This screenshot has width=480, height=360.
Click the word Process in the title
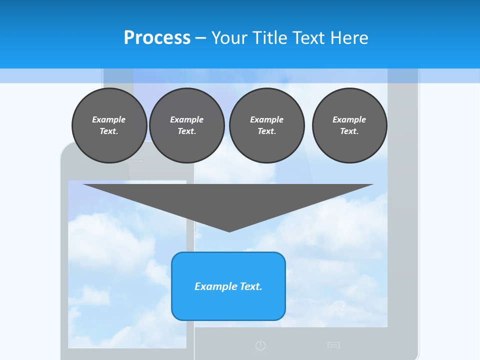coord(157,38)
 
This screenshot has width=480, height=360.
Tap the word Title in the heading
coord(270,38)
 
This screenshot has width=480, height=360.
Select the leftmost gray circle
coord(109,125)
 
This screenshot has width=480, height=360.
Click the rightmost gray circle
coord(349,125)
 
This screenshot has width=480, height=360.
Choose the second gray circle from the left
coord(186,125)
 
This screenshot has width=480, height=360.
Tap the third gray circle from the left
coord(266,125)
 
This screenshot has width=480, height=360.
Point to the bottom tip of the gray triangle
coord(229,230)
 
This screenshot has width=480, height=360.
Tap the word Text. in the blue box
coord(250,286)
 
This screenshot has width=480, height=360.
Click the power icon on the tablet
coord(260,345)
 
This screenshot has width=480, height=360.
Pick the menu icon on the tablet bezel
coord(333,345)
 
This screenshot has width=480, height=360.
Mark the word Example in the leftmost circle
coord(109,119)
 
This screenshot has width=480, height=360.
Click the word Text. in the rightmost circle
coord(349,131)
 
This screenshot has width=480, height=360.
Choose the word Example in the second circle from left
coord(186,119)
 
